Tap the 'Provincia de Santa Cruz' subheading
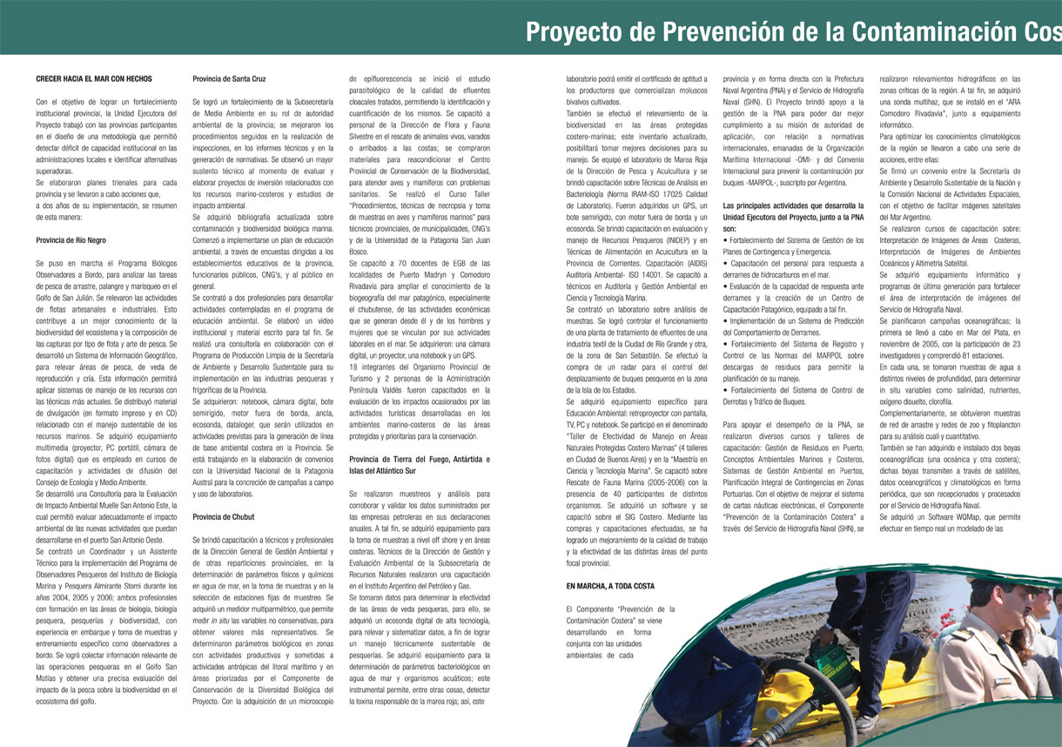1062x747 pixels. click(x=229, y=78)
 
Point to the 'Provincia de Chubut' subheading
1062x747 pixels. click(x=224, y=516)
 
